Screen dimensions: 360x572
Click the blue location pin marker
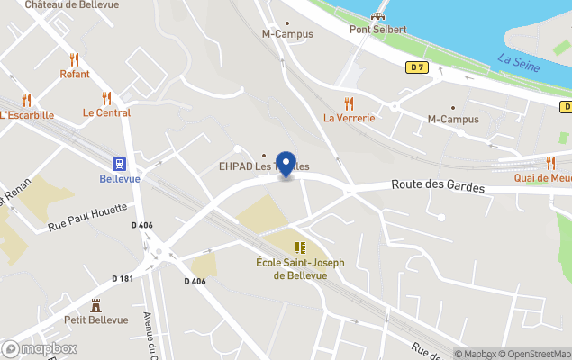(x=286, y=164)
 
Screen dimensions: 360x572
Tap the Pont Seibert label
(x=377, y=30)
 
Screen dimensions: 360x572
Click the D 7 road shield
(x=415, y=67)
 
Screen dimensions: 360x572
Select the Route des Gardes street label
(x=438, y=187)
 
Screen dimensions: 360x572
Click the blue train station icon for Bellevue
(x=119, y=163)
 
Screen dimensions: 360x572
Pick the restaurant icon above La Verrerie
(x=349, y=103)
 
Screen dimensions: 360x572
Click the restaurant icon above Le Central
(x=106, y=98)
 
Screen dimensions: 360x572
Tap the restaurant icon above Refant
(x=75, y=59)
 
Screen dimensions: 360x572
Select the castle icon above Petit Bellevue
(x=95, y=305)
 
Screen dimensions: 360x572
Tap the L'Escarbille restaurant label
(x=27, y=115)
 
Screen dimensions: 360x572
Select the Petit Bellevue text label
(x=95, y=319)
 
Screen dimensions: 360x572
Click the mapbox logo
(x=40, y=348)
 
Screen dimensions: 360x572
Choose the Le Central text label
(x=106, y=113)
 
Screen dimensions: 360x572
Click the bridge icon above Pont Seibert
(x=378, y=14)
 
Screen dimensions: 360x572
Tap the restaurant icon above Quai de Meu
(x=550, y=163)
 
